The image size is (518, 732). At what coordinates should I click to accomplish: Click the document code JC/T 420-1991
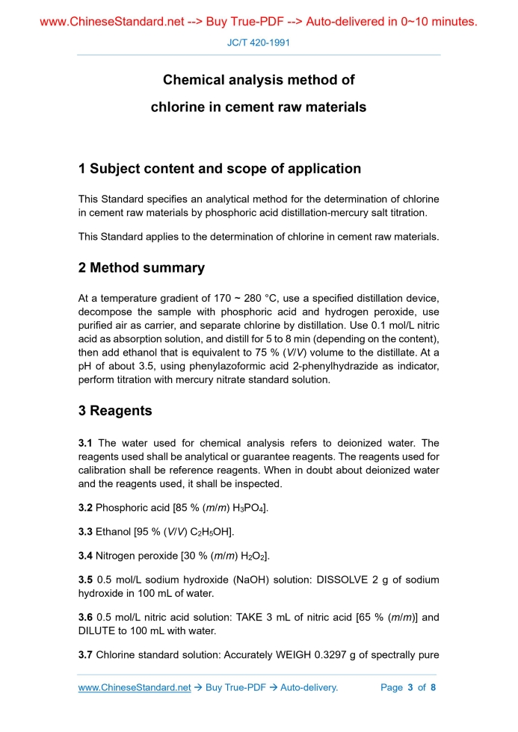258,43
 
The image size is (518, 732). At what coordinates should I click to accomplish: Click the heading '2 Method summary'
141,267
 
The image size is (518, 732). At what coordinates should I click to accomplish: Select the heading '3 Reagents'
115,411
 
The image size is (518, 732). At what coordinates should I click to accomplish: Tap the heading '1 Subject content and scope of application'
220,169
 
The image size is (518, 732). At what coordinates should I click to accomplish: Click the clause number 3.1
86,443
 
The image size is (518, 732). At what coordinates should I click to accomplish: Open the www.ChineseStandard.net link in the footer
135,687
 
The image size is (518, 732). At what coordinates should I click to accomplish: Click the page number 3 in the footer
410,687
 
